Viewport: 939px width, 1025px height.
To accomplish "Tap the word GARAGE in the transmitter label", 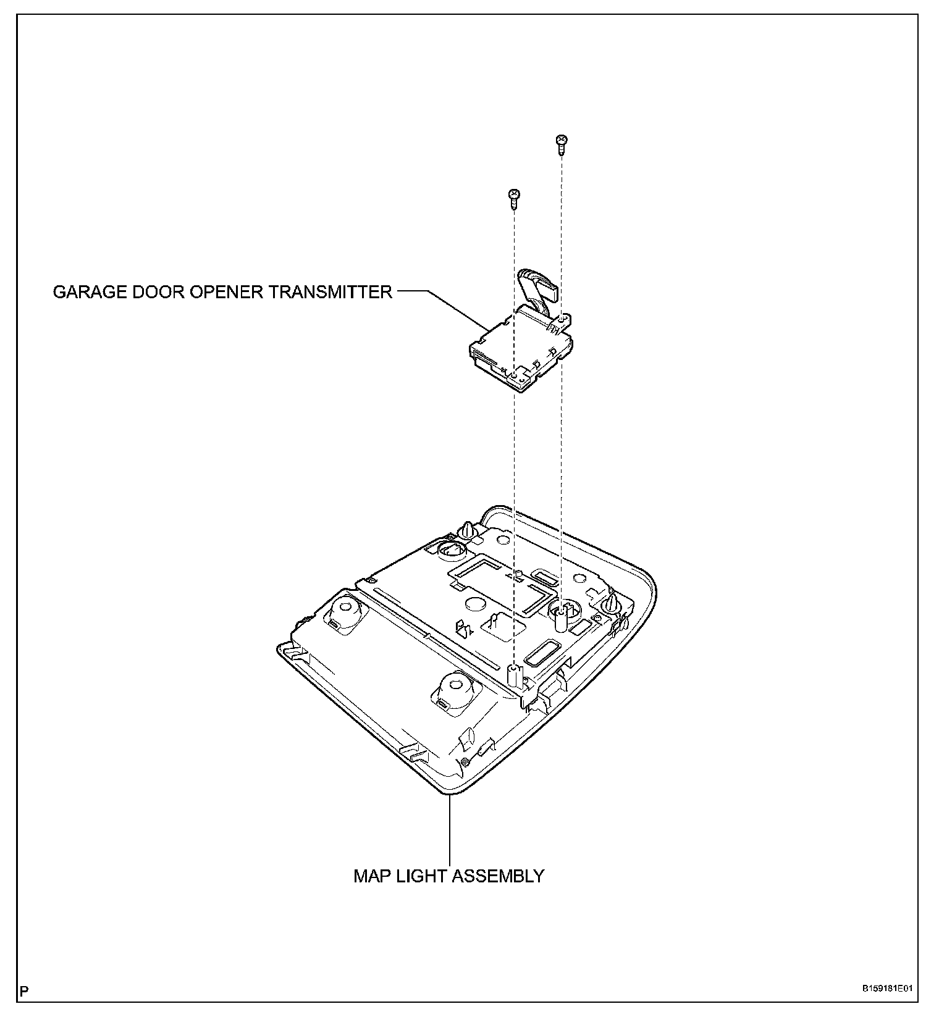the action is click(x=88, y=291).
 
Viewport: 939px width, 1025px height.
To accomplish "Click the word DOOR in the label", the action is click(x=157, y=291).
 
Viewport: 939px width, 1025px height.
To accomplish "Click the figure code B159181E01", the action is click(x=887, y=988).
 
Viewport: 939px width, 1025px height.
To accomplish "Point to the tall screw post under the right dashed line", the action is click(x=562, y=616).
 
